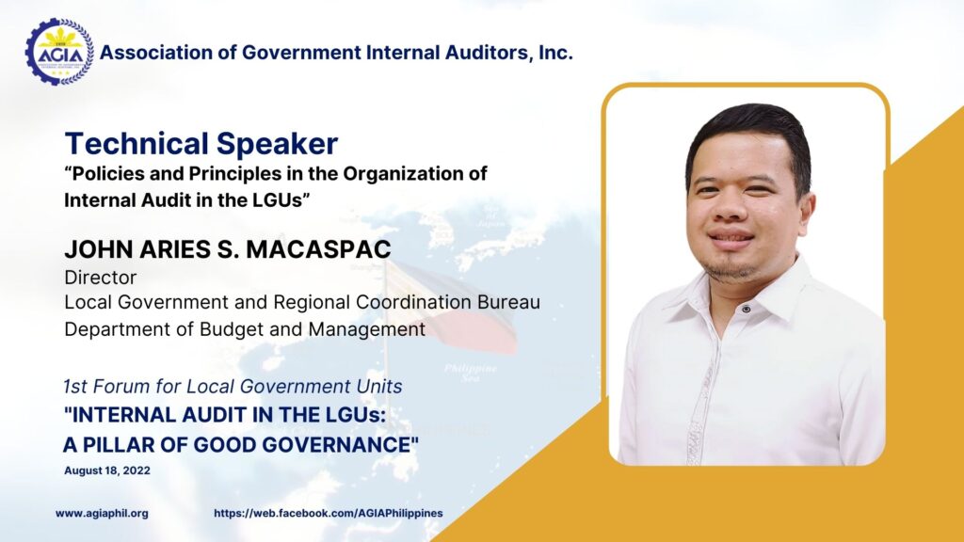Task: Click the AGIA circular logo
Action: (x=59, y=53)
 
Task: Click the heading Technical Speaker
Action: (x=201, y=144)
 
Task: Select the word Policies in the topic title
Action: (x=109, y=174)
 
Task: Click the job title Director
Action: (x=100, y=278)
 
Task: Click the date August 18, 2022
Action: (x=107, y=470)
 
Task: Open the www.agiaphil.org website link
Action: (x=102, y=513)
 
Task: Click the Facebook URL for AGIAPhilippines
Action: (x=329, y=513)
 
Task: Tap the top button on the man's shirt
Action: (x=746, y=309)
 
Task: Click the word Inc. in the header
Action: (x=555, y=53)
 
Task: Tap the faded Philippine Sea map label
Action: (x=471, y=373)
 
